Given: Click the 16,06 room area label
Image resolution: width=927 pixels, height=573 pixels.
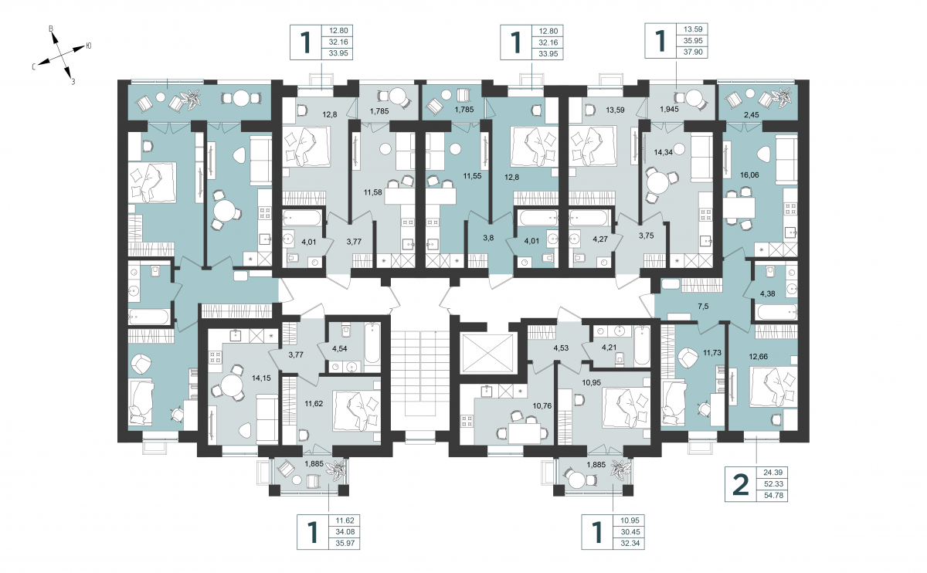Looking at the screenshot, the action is pyautogui.click(x=749, y=175).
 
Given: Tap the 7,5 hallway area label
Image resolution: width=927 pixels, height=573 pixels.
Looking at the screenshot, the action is pyautogui.click(x=703, y=306).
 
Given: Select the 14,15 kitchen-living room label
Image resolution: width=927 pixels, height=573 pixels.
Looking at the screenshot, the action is pyautogui.click(x=261, y=378).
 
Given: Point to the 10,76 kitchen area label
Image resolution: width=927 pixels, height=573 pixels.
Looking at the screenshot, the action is pyautogui.click(x=542, y=406).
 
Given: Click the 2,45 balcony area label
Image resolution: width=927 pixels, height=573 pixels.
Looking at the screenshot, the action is pyautogui.click(x=752, y=114).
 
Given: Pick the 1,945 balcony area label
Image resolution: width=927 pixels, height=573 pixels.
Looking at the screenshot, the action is pyautogui.click(x=669, y=110).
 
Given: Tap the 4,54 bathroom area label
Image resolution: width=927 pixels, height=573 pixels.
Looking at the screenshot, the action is pyautogui.click(x=339, y=348).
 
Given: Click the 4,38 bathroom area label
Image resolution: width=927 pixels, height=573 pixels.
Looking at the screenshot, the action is pyautogui.click(x=768, y=293).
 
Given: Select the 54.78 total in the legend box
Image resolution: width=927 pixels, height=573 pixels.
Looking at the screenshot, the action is pyautogui.click(x=773, y=495).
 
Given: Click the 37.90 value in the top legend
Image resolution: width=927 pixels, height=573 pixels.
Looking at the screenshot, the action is pyautogui.click(x=693, y=53).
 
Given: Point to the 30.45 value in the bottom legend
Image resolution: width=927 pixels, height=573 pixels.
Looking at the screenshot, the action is pyautogui.click(x=630, y=531).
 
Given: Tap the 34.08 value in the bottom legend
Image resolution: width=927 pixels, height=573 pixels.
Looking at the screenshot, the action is pyautogui.click(x=345, y=531).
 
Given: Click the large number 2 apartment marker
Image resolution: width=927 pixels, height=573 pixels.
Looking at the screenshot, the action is pyautogui.click(x=741, y=484).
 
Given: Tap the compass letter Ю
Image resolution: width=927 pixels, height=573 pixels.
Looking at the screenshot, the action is pyautogui.click(x=89, y=46).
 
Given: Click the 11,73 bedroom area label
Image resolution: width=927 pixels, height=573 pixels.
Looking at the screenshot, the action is pyautogui.click(x=711, y=353).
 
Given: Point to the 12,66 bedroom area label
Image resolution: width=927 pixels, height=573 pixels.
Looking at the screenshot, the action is pyautogui.click(x=758, y=356).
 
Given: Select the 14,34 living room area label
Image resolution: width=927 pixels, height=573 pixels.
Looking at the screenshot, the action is pyautogui.click(x=663, y=152).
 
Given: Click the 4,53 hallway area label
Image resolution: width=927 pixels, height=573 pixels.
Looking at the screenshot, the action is pyautogui.click(x=561, y=348).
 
